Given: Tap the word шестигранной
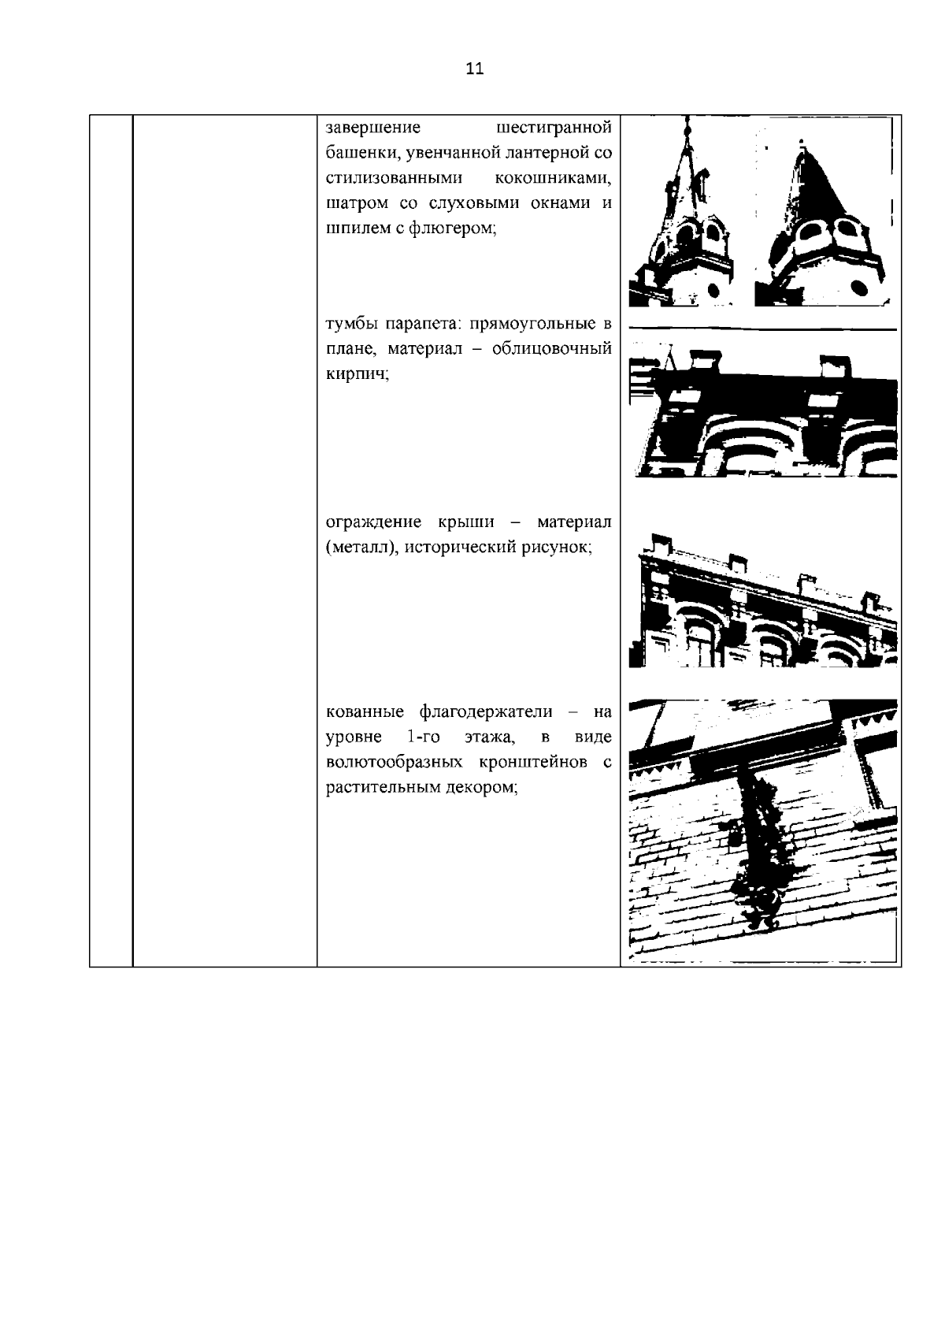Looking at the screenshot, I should (x=555, y=128).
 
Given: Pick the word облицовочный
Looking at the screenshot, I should (x=552, y=350).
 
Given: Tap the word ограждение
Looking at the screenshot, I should (x=373, y=522).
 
